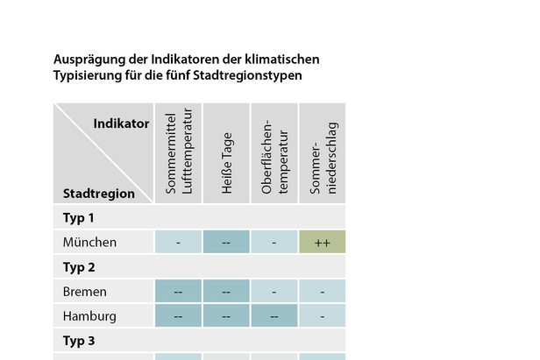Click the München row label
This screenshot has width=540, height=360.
[89, 242]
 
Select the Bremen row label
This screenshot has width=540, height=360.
[85, 291]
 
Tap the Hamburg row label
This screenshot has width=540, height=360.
[89, 315]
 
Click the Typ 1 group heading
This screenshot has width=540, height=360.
[79, 217]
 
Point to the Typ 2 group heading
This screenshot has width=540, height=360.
[79, 266]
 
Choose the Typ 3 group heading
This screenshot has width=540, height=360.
[79, 340]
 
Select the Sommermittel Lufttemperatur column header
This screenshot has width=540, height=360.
[178, 154]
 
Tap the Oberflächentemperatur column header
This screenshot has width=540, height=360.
[274, 154]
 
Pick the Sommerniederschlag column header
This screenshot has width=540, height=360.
[323, 154]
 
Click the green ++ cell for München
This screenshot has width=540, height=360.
[322, 242]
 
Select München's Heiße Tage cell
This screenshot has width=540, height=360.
[226, 242]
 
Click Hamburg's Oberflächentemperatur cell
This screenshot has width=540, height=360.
[274, 315]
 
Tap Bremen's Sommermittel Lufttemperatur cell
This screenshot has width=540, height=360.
[178, 291]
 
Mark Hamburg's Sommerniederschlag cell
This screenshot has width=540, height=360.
[322, 315]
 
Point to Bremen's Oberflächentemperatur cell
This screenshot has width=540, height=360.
[274, 291]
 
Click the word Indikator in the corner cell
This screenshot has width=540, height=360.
[121, 124]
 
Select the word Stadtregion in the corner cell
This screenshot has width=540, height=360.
[99, 194]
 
